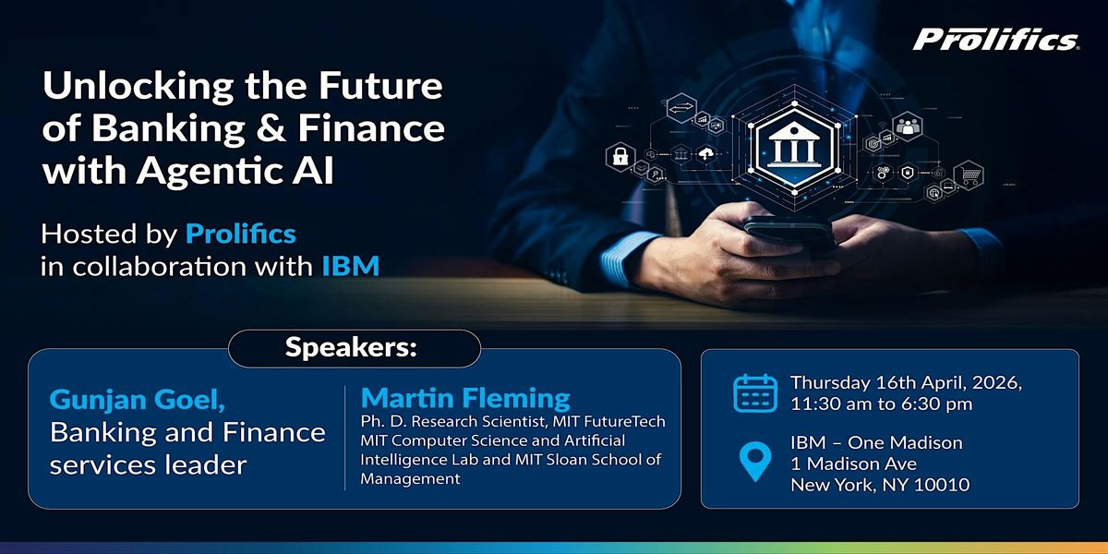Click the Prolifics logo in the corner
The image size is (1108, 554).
[x=995, y=40]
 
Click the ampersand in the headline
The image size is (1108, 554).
[x=271, y=128]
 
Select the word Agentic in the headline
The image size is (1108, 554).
[x=205, y=171]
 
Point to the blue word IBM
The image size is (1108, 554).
[x=351, y=266]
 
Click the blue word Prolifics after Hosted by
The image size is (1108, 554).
[x=241, y=234]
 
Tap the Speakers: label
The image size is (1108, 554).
[x=351, y=347]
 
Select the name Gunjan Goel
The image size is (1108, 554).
[x=137, y=400]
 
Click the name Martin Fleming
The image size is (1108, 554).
[x=465, y=398]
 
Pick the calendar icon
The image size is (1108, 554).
[x=755, y=393]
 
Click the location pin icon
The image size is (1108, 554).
[x=755, y=462]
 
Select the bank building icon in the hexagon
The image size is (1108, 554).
[x=794, y=147]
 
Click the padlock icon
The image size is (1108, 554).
[x=620, y=156]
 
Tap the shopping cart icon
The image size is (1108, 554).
[x=969, y=175]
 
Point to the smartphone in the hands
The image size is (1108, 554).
[x=789, y=232]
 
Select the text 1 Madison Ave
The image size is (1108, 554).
[x=854, y=464]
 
